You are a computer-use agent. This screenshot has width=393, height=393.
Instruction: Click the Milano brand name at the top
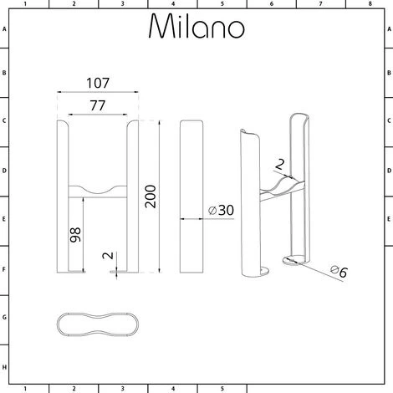[x=196, y=27]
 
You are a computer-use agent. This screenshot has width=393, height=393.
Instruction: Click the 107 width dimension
[x=100, y=85]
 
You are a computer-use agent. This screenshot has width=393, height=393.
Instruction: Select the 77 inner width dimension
[x=100, y=106]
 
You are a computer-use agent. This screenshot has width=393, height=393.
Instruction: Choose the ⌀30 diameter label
[x=219, y=211]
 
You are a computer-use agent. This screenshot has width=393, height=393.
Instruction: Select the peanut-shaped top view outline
[x=98, y=326]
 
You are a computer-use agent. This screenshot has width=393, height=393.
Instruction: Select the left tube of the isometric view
[x=249, y=205]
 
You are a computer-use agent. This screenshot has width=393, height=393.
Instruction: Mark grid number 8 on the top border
[x=369, y=4]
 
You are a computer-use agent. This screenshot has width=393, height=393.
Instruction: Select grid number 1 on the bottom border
[x=25, y=388]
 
